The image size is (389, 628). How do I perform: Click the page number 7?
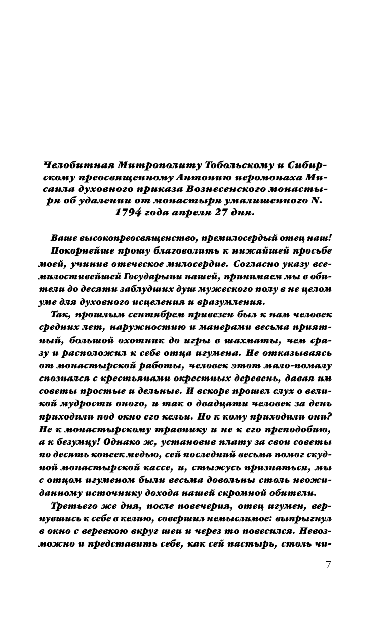point(328,565)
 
